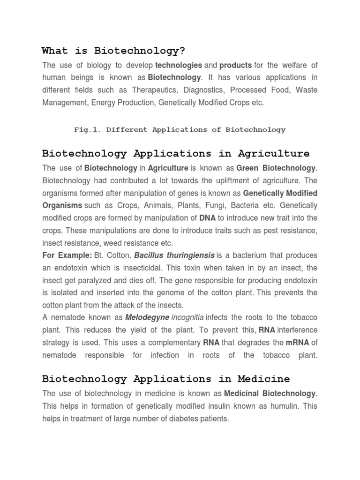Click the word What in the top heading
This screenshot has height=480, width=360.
(x=55, y=51)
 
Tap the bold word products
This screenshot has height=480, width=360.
(x=235, y=65)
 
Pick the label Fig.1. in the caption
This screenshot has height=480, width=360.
(x=88, y=130)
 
